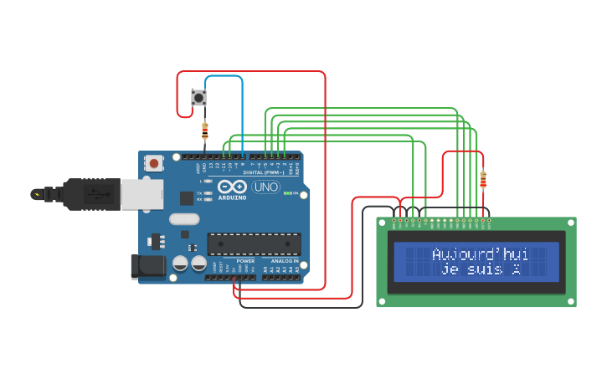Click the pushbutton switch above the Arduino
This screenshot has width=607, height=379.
click(199, 98)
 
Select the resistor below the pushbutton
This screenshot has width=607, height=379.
click(205, 131)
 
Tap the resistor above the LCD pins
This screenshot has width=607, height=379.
click(482, 178)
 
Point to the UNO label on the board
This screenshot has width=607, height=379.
click(265, 187)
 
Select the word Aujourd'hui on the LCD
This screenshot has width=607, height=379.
click(480, 254)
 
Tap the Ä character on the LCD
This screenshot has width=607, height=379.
click(517, 269)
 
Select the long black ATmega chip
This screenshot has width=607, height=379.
click(254, 243)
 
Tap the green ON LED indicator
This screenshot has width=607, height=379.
click(286, 193)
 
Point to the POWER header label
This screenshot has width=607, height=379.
click(245, 261)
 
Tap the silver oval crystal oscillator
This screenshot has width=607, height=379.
click(183, 219)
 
